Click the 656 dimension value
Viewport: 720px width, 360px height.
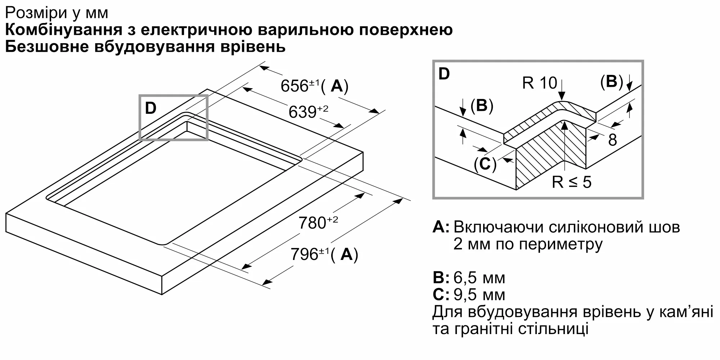(x=294, y=86)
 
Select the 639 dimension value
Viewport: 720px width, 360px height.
(x=302, y=112)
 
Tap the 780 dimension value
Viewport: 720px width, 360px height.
(x=312, y=223)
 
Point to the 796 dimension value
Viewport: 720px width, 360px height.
(x=304, y=255)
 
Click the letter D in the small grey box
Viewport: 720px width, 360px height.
(x=150, y=108)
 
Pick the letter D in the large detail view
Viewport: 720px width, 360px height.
(x=444, y=74)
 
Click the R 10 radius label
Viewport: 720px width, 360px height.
(x=539, y=83)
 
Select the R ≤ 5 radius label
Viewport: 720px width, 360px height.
(x=571, y=182)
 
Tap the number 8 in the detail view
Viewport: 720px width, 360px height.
(x=612, y=140)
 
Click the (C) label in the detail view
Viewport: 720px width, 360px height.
(x=485, y=164)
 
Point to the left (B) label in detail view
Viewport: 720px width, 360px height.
(x=482, y=105)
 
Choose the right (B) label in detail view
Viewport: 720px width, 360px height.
(x=611, y=82)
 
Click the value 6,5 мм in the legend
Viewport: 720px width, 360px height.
(x=479, y=278)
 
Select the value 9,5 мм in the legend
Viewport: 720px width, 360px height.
(x=479, y=295)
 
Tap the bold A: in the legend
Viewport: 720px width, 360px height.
(x=441, y=227)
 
